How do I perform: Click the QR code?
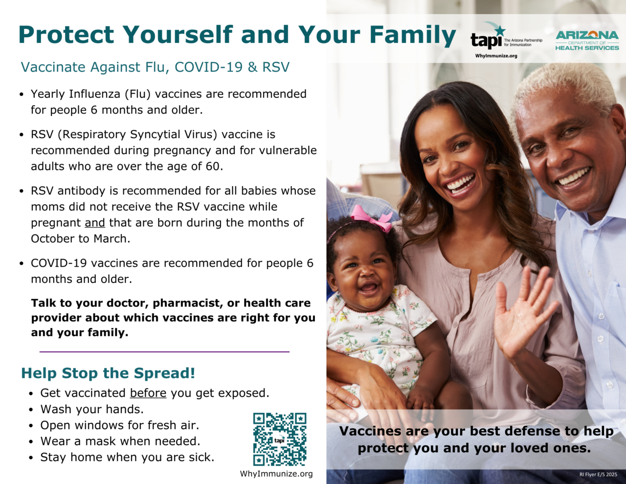pos(279,439)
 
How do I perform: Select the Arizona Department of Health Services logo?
pos(587,41)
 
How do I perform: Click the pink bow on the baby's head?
pos(372,217)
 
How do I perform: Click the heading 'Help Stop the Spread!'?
pos(108,373)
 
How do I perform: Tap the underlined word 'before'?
pos(148,393)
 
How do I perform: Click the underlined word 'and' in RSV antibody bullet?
pos(95,223)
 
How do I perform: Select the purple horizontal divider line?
pos(164,351)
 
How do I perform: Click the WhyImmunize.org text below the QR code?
pos(276,474)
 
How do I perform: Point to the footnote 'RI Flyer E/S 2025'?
pos(598,474)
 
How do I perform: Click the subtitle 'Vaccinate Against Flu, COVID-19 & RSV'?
pos(155,67)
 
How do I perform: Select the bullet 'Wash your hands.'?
pos(92,409)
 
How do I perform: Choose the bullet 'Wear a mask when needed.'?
pos(120,441)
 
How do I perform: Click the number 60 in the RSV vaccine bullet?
pos(213,166)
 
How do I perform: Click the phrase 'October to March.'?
pos(81,239)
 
